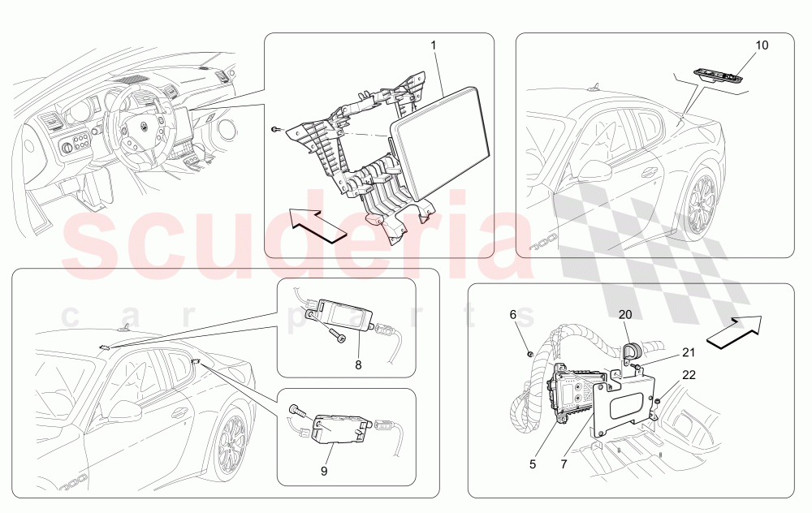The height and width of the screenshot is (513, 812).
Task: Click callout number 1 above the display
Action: tap(434, 45)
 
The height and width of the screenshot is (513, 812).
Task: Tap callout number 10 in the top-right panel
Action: tap(762, 45)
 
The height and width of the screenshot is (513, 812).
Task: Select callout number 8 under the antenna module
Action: tap(358, 365)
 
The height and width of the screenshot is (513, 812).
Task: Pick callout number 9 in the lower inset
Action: tap(324, 471)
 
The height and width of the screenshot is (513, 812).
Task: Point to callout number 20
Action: tap(625, 314)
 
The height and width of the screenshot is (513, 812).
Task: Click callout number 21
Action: tap(689, 352)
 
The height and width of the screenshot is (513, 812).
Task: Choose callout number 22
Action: tap(689, 374)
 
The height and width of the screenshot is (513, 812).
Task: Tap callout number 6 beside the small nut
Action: tap(512, 314)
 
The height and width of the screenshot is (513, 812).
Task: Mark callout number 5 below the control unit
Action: tap(533, 464)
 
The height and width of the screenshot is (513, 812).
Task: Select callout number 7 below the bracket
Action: tap(564, 464)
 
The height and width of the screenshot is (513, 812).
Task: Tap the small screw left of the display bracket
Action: tap(275, 129)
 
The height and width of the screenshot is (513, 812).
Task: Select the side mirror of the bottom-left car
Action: tap(123, 411)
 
